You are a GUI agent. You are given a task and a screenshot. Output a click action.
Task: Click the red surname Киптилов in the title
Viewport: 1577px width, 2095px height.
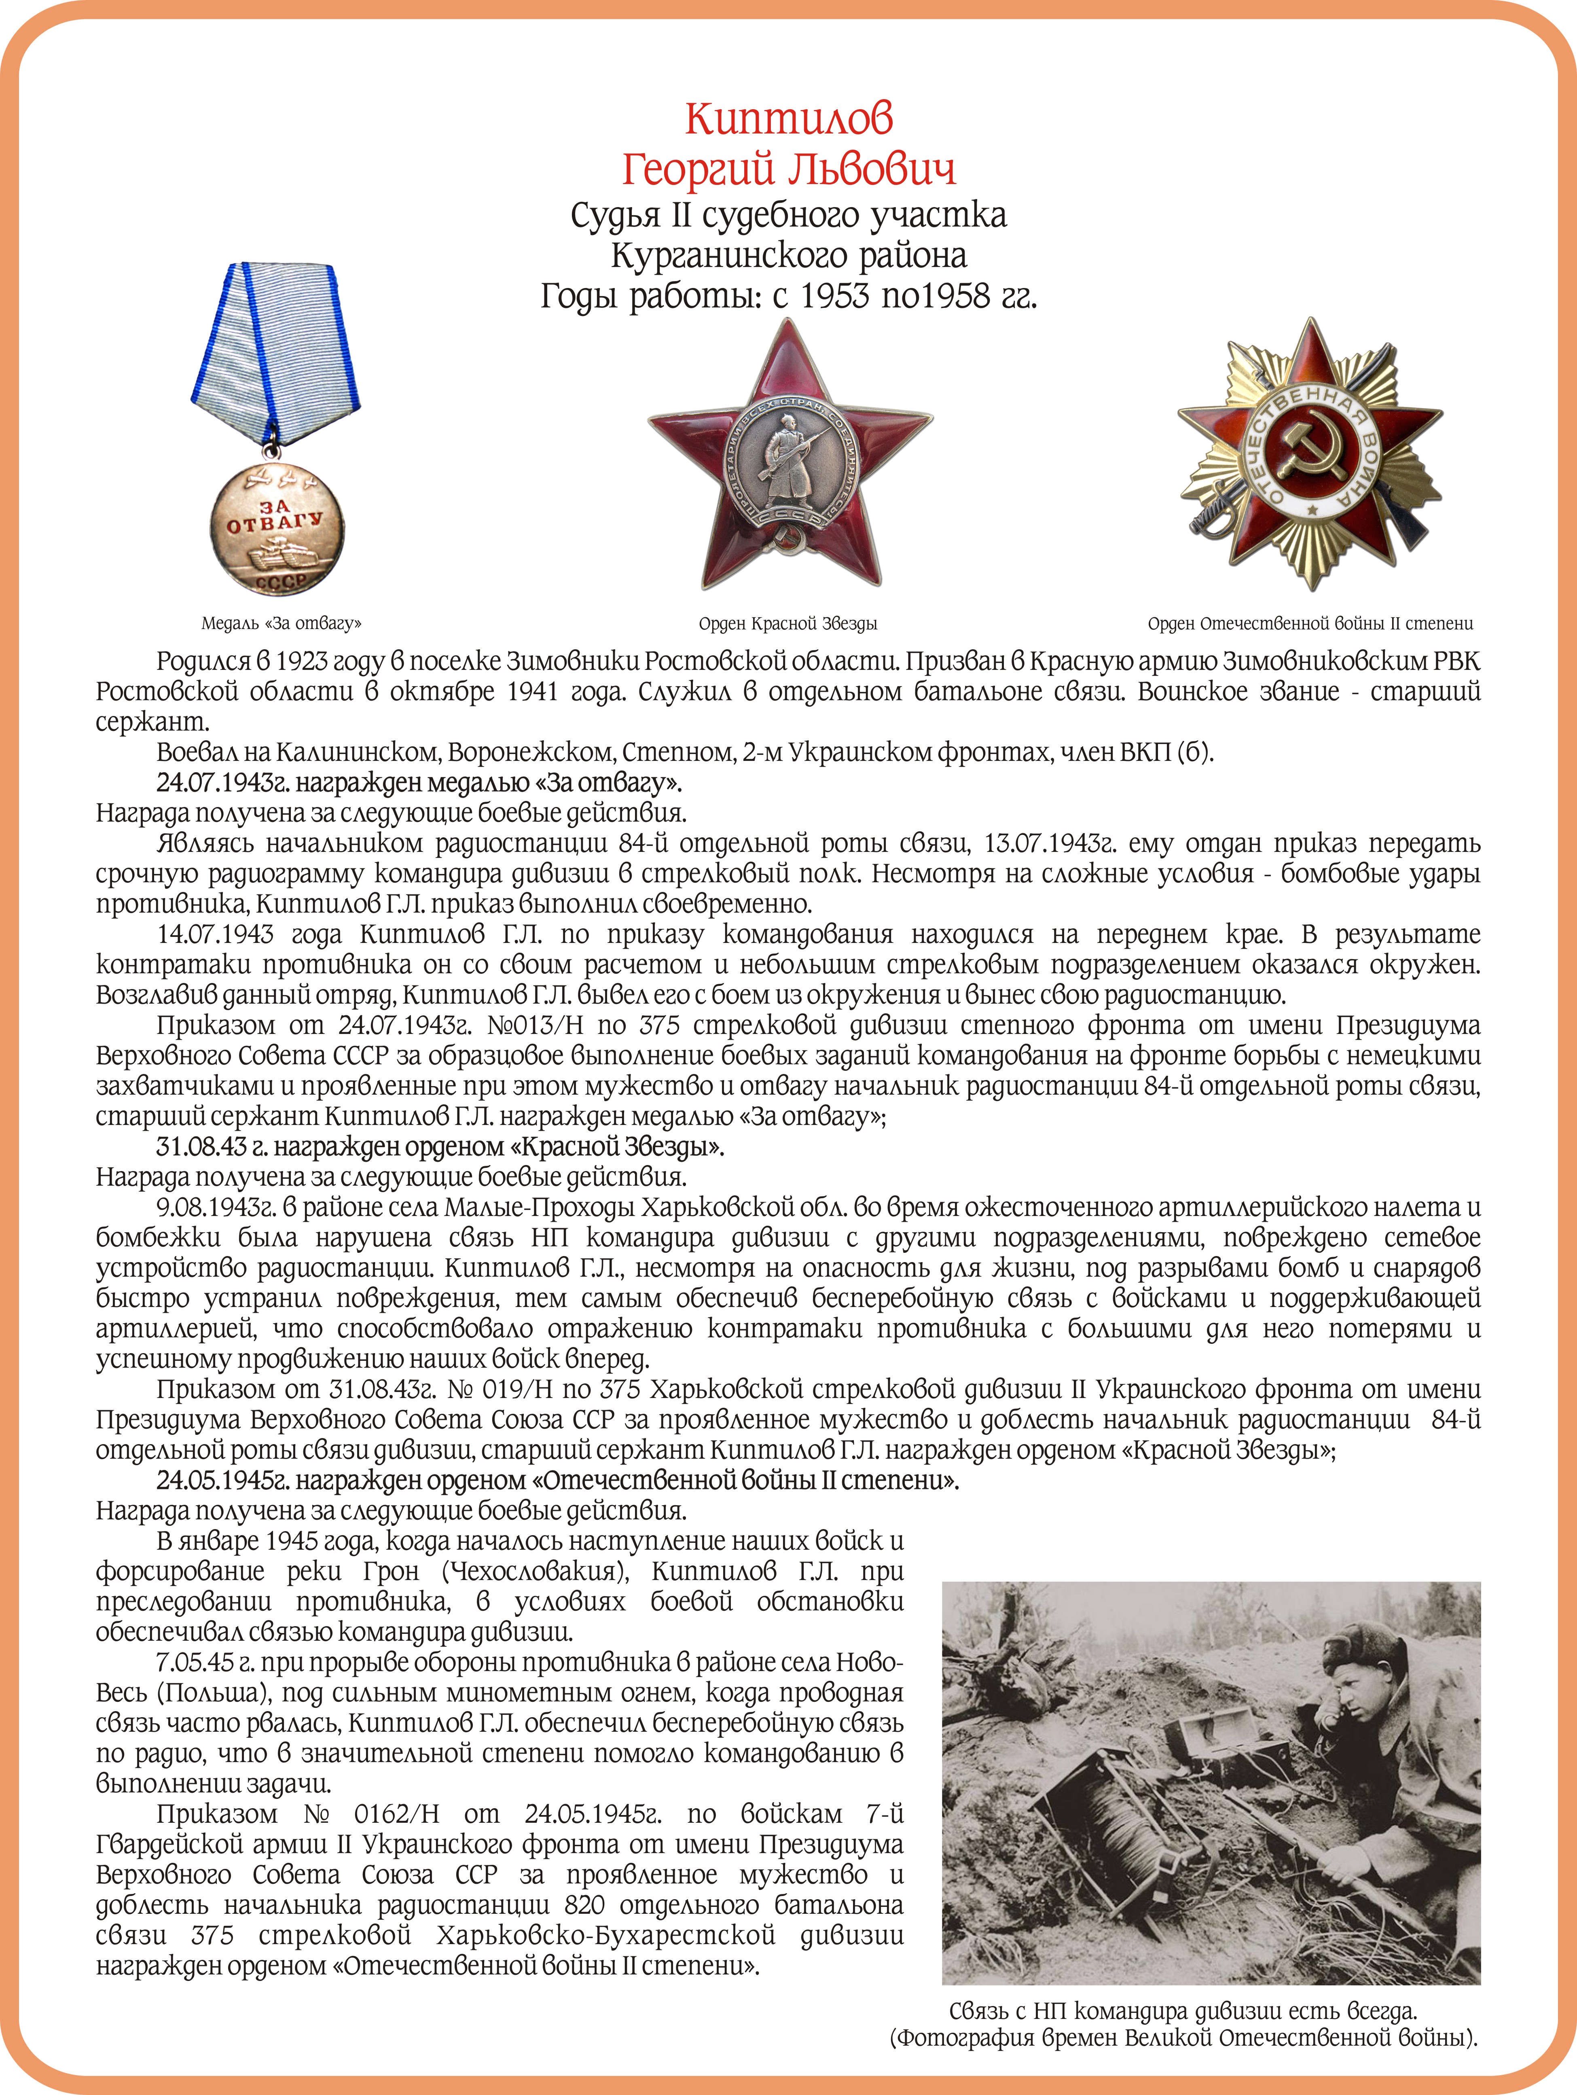click(x=788, y=119)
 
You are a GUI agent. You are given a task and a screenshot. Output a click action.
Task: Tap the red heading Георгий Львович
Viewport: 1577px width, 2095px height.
click(x=788, y=169)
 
